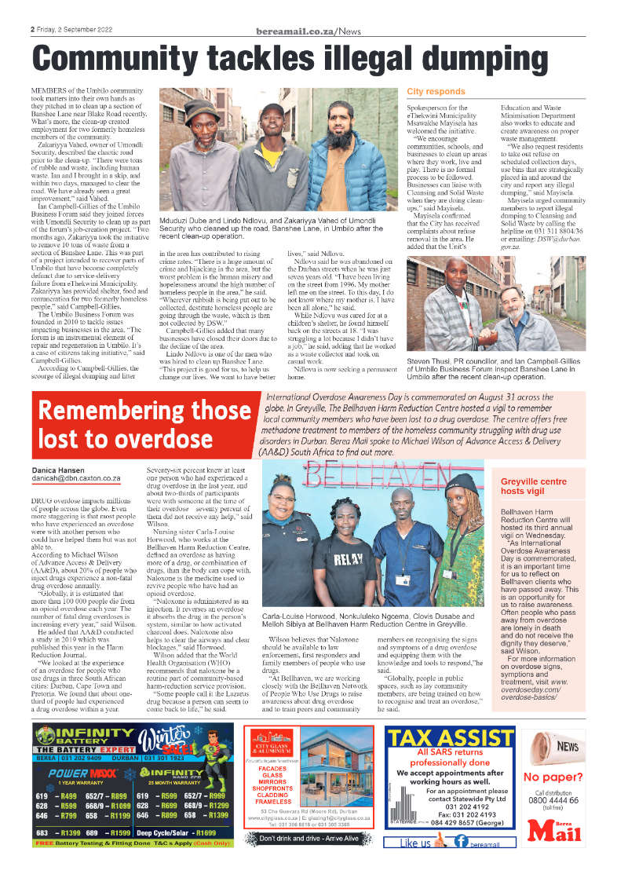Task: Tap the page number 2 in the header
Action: point(33,30)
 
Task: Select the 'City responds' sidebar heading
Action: point(436,92)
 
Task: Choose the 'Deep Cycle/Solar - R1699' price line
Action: point(177,832)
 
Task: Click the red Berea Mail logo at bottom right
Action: point(553,828)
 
